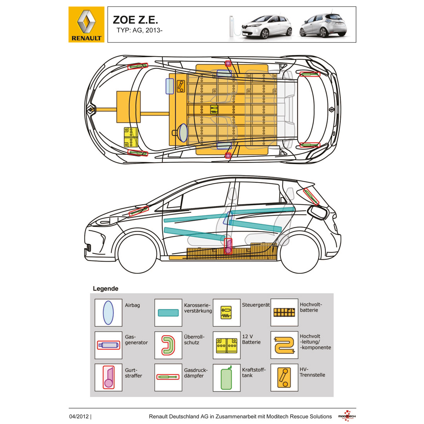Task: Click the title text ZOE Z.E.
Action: click(x=135, y=20)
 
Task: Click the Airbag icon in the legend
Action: click(x=108, y=313)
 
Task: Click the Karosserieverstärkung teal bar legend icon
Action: click(x=168, y=313)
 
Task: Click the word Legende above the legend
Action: click(x=106, y=289)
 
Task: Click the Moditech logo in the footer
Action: click(x=347, y=416)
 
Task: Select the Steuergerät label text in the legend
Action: click(x=255, y=304)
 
